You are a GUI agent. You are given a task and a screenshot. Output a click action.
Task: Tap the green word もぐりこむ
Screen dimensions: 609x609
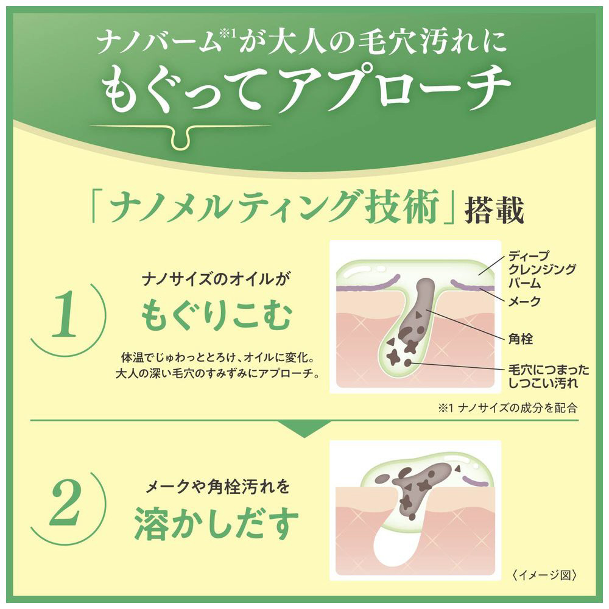(x=216, y=315)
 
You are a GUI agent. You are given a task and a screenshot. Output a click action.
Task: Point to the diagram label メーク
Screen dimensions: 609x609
(x=524, y=301)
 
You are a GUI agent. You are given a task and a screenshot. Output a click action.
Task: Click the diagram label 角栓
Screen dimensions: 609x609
(x=521, y=339)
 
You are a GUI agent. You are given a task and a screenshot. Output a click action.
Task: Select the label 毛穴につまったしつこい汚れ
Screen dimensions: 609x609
(x=549, y=376)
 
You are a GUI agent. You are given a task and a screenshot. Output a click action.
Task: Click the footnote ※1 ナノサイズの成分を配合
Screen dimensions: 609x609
(x=508, y=408)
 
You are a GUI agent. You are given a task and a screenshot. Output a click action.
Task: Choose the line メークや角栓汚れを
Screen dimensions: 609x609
(x=217, y=487)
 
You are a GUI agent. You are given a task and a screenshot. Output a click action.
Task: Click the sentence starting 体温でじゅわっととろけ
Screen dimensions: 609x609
(x=217, y=365)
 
